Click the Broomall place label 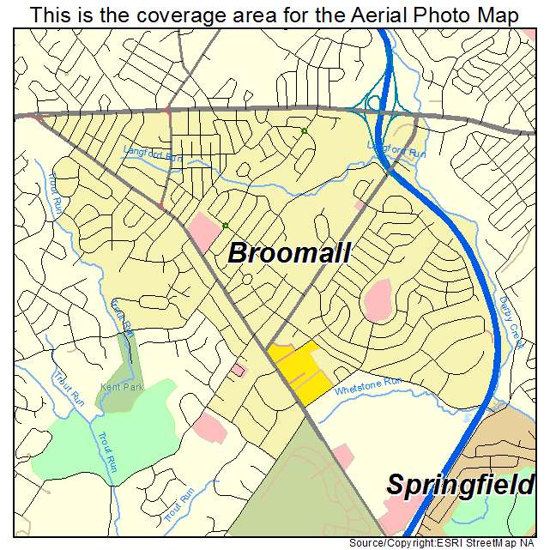(x=289, y=254)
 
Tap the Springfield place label (x=458, y=484)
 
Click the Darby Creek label (x=511, y=322)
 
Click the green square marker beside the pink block (x=225, y=226)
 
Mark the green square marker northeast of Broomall (x=304, y=131)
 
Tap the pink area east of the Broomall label (x=378, y=299)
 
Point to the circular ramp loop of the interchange (x=375, y=103)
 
